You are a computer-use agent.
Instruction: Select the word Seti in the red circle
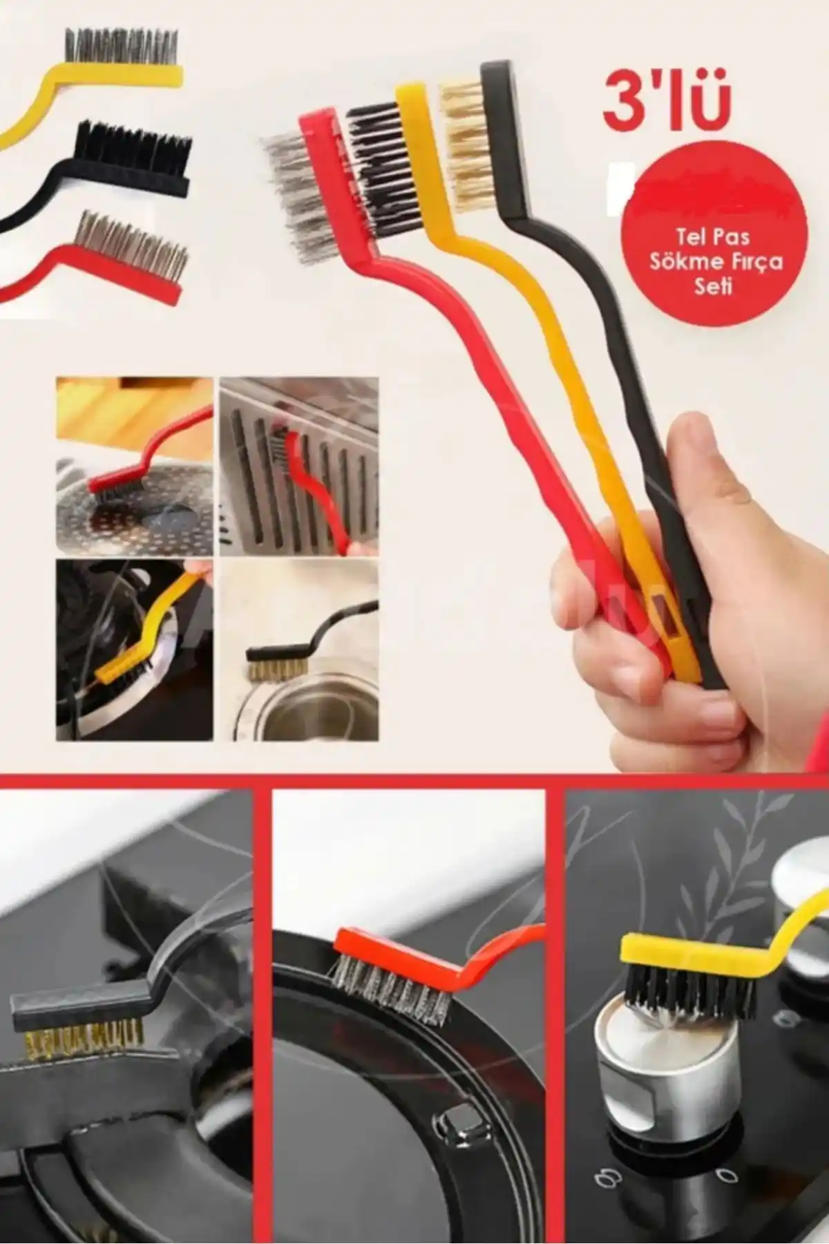click(713, 285)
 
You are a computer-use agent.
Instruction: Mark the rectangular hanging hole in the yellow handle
click(662, 612)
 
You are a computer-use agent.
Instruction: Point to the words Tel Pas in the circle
click(712, 238)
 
